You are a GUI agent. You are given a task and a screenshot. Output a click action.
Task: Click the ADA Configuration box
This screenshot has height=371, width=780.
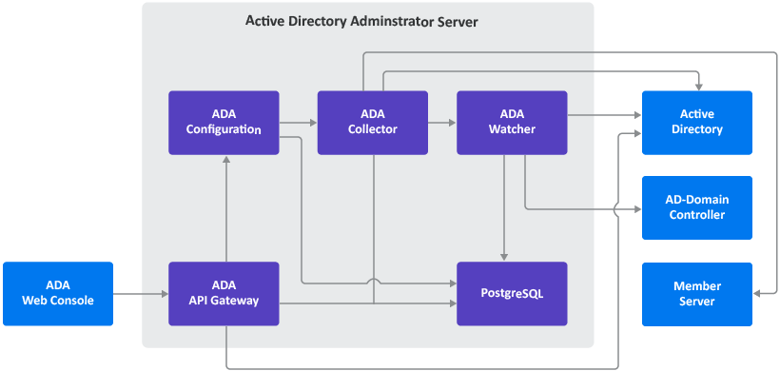point(224,123)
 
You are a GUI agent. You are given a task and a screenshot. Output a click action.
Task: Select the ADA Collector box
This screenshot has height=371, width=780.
point(372,123)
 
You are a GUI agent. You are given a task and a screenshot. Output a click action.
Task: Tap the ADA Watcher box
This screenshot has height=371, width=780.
point(512,123)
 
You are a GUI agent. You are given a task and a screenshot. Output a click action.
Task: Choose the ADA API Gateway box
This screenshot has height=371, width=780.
point(224,294)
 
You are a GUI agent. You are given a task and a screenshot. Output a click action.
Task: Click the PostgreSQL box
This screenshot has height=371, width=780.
point(512,294)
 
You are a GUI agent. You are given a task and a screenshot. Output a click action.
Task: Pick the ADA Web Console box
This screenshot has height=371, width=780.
point(57,294)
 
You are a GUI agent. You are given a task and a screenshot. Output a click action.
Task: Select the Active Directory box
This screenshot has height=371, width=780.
point(697,123)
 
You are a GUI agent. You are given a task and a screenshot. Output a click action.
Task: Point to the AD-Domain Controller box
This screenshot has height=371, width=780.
point(697,207)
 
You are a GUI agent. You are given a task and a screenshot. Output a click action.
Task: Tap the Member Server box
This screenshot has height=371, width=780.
point(697,294)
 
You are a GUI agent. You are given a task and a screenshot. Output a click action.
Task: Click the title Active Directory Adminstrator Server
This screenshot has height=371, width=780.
point(361,20)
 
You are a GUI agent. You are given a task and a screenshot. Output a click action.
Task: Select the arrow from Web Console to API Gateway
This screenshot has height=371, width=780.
point(140,294)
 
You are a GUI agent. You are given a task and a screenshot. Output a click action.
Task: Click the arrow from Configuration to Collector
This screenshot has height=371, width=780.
point(298,123)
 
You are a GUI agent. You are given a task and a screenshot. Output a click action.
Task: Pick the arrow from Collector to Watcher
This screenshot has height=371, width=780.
point(441,123)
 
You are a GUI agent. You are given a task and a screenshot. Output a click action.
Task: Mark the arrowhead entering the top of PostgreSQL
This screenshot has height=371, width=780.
point(503,257)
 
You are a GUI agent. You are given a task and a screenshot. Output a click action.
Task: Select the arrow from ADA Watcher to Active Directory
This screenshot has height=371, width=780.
point(604,116)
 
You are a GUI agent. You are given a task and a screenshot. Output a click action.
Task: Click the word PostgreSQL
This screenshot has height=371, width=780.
point(512,294)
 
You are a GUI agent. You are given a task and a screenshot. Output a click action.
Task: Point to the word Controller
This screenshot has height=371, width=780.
point(697,215)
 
